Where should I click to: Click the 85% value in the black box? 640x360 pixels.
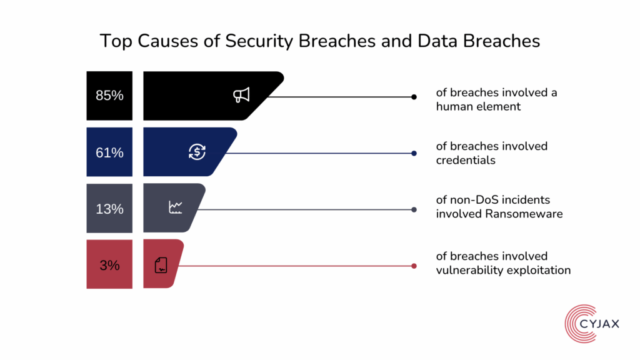tap(109, 96)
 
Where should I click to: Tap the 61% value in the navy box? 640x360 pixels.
tap(109, 152)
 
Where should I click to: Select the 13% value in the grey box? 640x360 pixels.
tap(109, 209)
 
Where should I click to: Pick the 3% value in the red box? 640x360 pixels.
tap(109, 265)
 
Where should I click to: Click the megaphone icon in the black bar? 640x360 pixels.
tap(241, 95)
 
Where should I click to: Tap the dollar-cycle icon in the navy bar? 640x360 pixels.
tap(197, 151)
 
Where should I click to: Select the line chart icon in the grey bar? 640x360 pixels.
tap(176, 207)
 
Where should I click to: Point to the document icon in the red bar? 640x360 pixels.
tap(161, 265)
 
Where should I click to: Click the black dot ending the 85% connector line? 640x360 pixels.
tap(414, 97)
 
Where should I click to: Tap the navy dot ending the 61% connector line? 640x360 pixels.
tap(414, 153)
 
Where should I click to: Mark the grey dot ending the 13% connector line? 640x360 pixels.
tap(414, 209)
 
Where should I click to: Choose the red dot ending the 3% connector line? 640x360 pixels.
tap(414, 266)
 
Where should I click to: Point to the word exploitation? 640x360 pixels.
tap(540, 270)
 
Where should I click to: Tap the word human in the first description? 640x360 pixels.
tap(453, 106)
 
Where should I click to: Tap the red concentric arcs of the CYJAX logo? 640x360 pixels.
tap(572, 326)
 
